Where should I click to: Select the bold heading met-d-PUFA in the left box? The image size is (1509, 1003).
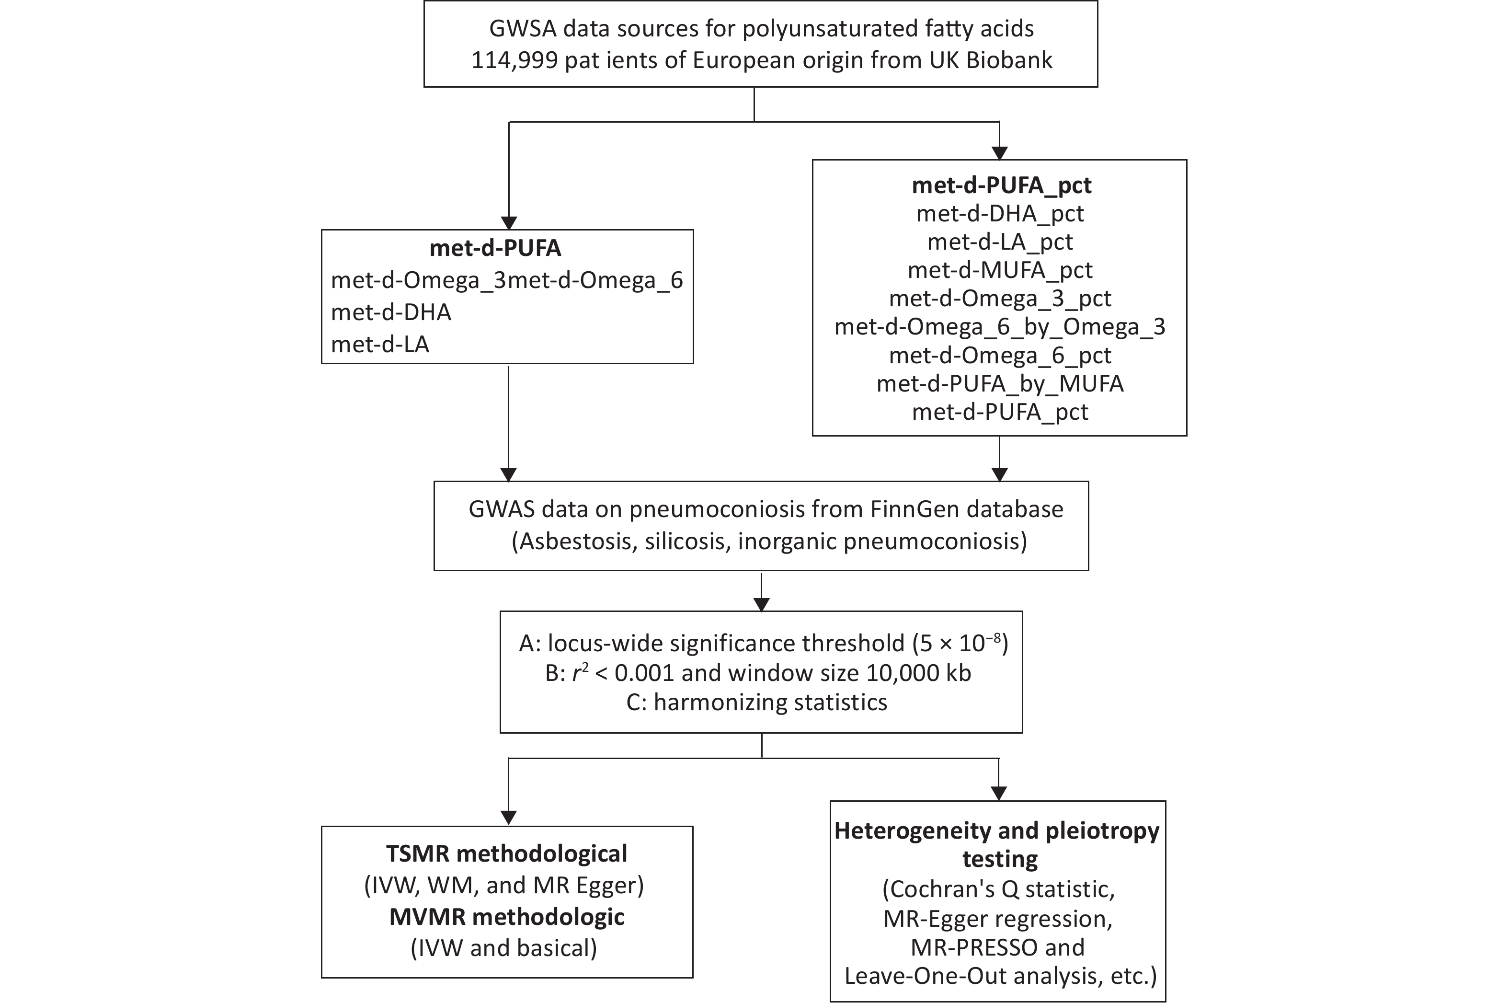pos(495,248)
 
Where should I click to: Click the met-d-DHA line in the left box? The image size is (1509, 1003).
pos(391,312)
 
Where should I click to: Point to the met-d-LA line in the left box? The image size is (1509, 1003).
pos(380,344)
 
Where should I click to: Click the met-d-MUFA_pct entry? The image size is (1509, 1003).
pos(1000,270)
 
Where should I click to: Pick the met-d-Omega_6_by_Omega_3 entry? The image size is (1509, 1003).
pos(1000,327)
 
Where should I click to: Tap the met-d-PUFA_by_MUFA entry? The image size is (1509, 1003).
pos(1000,383)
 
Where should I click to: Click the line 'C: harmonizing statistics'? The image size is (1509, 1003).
pos(757,703)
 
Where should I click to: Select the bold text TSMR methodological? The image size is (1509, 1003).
pos(507,853)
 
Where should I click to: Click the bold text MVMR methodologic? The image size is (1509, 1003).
pos(507,917)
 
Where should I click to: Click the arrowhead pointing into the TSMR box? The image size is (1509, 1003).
pos(508,818)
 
